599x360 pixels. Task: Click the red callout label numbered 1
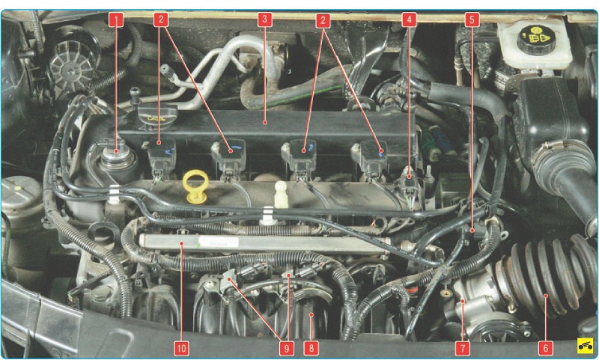tap(116, 20)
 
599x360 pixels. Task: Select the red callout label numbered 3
tap(264, 20)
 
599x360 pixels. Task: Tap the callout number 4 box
tap(409, 20)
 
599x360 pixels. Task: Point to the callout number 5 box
tap(472, 20)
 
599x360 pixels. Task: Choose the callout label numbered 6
tap(545, 348)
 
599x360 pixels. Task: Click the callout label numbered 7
tap(463, 348)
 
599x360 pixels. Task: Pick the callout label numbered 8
tap(311, 348)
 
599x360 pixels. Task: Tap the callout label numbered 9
tap(287, 348)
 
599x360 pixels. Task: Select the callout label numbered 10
tap(181, 348)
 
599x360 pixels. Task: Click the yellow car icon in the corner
tap(585, 346)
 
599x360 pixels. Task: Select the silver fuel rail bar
tap(264, 244)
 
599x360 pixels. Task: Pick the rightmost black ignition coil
tap(370, 159)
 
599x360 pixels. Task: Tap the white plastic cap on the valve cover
tap(282, 194)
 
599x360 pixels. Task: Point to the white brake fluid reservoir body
tap(535, 45)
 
